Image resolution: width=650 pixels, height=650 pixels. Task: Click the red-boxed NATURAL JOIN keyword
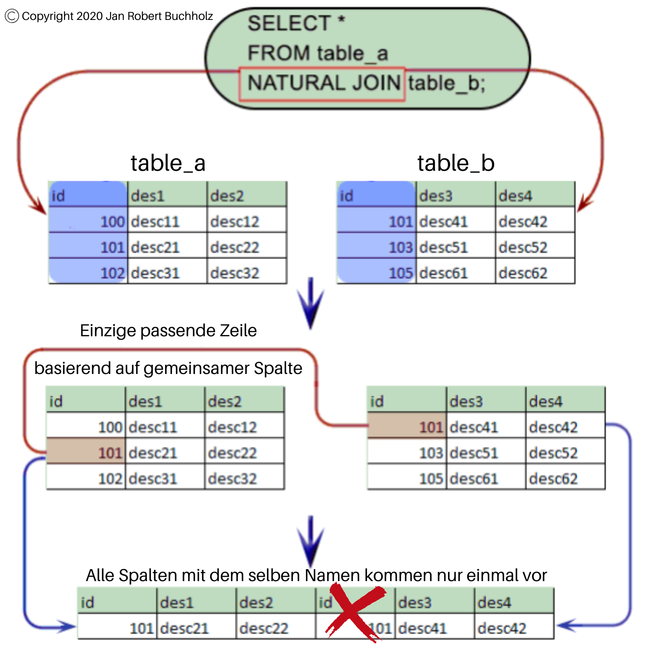pyautogui.click(x=323, y=83)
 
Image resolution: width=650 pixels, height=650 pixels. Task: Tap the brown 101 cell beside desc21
pyautogui.click(x=86, y=452)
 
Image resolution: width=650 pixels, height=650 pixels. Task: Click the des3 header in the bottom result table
pyautogui.click(x=415, y=602)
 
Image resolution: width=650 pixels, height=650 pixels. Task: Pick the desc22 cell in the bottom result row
pyautogui.click(x=264, y=628)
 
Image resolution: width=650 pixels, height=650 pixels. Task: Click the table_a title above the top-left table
pyautogui.click(x=168, y=163)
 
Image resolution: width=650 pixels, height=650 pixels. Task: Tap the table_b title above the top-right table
pyautogui.click(x=456, y=163)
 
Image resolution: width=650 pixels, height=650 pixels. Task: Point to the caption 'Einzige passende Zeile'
pyautogui.click(x=168, y=331)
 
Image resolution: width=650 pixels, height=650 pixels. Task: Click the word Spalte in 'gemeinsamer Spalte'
pyautogui.click(x=278, y=368)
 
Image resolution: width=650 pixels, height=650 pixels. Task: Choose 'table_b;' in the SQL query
pyautogui.click(x=446, y=83)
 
